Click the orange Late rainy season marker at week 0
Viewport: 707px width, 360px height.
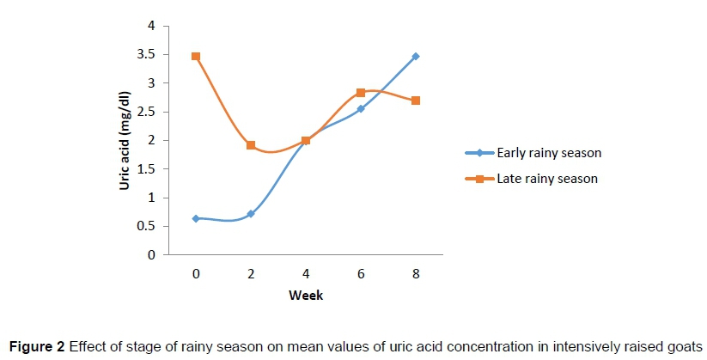point(196,57)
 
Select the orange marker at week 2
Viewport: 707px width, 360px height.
point(251,145)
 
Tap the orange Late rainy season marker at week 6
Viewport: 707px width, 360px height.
point(361,92)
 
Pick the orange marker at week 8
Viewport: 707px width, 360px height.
point(416,101)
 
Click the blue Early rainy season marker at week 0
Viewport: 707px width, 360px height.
point(196,218)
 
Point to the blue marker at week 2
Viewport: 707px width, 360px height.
point(251,213)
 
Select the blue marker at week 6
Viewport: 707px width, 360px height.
point(361,109)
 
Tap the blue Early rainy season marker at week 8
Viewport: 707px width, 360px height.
point(416,57)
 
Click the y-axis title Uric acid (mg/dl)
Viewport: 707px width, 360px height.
point(125,140)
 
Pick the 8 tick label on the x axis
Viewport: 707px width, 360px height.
point(416,272)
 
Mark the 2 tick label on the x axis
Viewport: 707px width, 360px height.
point(251,272)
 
